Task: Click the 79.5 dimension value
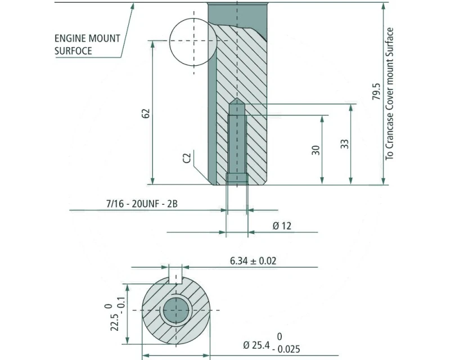click(376, 92)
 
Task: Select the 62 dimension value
click(146, 114)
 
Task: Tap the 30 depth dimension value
click(316, 150)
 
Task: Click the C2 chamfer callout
click(187, 158)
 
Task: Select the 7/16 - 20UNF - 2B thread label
click(142, 204)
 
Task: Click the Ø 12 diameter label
click(282, 226)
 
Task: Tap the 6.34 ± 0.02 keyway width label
click(253, 260)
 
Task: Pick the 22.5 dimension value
click(115, 322)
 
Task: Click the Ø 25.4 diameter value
click(256, 345)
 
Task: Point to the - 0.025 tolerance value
click(286, 349)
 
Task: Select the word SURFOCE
click(73, 51)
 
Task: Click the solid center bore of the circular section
click(176, 310)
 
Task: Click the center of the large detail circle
click(193, 40)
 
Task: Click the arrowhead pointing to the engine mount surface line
click(132, 6)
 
